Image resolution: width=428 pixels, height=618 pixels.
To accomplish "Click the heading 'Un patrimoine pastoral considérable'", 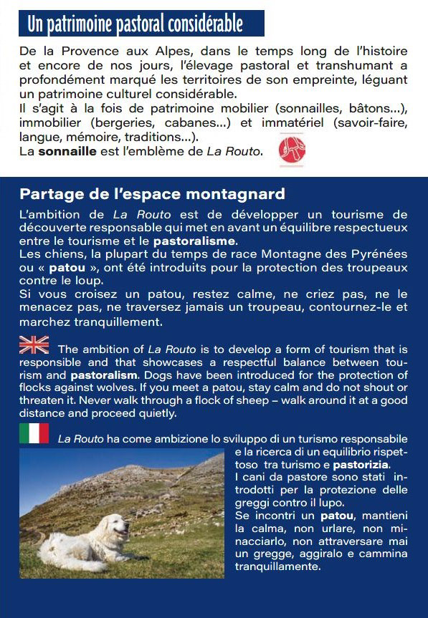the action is coord(135,24).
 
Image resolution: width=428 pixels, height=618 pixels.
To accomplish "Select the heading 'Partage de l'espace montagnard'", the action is coord(152,194).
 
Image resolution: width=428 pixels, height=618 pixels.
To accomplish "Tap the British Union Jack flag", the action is coord(34,344).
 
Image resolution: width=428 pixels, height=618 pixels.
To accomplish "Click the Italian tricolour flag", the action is coord(34,433).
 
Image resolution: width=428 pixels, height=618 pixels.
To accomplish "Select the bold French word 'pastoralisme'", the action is coord(194,241).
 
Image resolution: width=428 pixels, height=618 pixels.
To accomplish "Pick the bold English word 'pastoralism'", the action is coord(103,375).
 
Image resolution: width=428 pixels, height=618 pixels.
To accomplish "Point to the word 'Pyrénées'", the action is coord(379,254).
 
